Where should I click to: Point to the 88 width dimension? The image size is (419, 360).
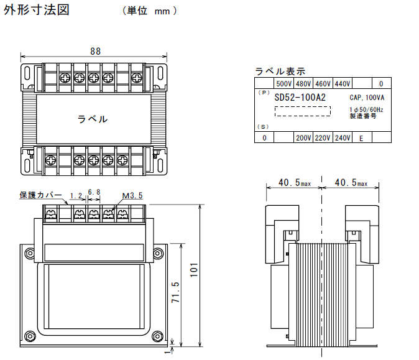[94, 52]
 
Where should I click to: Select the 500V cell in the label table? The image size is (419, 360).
[283, 83]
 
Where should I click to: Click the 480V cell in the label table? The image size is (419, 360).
[303, 83]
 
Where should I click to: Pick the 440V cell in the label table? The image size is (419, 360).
[343, 83]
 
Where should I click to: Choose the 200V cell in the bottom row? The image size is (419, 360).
[303, 138]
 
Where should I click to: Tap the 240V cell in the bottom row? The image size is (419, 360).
[343, 138]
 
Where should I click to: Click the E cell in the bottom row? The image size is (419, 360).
[361, 138]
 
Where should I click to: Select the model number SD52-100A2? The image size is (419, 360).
[300, 98]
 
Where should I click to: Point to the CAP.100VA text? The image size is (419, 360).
[367, 98]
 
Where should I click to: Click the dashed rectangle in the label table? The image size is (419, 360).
[303, 112]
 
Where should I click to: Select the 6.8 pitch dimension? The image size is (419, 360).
[94, 193]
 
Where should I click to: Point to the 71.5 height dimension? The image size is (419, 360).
[175, 293]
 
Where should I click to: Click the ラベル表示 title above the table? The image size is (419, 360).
[280, 71]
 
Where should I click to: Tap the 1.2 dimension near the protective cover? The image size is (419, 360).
[76, 196]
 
